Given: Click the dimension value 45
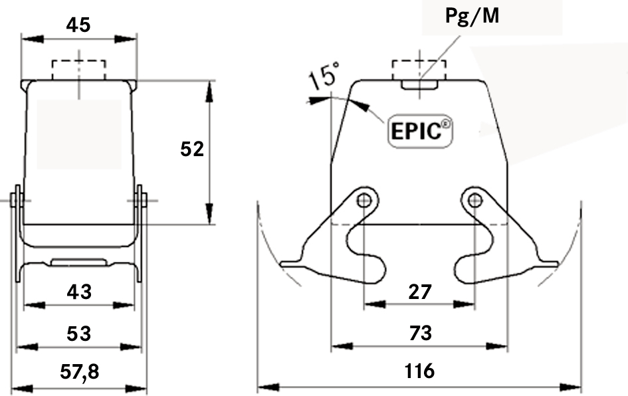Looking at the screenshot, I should pos(78,25).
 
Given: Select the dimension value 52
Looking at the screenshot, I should pos(192,149).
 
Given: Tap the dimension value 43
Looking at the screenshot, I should pos(78,291).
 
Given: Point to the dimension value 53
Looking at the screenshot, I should pos(78,333).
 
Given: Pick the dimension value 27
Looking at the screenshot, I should pos(420,291).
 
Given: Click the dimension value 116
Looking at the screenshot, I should pos(420,371).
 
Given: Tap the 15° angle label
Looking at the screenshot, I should pos(324,76).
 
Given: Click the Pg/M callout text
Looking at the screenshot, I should pos(472,16).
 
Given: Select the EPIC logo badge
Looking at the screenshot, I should pos(419,130).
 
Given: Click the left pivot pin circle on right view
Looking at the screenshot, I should pos(364,201).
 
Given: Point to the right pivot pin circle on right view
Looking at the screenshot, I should pos(474,201).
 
